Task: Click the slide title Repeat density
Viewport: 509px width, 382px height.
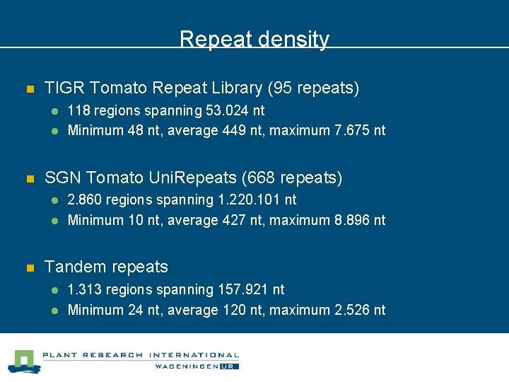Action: pyautogui.click(x=255, y=39)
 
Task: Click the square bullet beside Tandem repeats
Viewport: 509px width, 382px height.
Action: pyautogui.click(x=29, y=268)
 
